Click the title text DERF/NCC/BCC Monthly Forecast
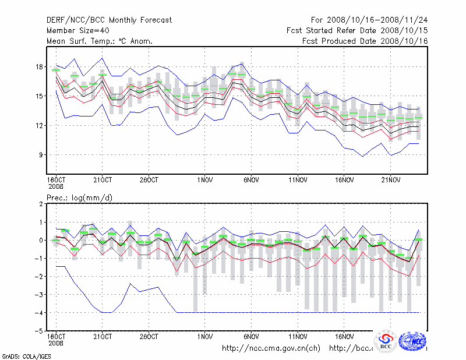[x=109, y=20]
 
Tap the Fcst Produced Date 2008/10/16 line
[x=365, y=41]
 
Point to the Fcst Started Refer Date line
[x=357, y=30]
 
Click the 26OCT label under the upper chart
[x=149, y=180]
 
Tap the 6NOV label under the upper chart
[x=251, y=180]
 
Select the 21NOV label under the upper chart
[x=391, y=180]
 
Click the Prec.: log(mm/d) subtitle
[x=79, y=198]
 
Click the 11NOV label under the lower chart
[x=298, y=337]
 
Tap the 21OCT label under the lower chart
[x=103, y=337]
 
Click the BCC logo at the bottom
[x=386, y=341]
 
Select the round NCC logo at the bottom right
[x=413, y=341]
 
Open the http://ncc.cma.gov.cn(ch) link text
[x=271, y=348]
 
